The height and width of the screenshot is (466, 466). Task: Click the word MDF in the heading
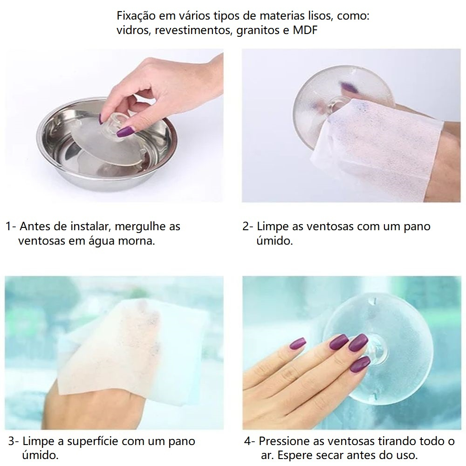305,30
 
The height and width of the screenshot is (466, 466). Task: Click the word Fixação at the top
136,16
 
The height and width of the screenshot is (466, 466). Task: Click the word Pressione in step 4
282,441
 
